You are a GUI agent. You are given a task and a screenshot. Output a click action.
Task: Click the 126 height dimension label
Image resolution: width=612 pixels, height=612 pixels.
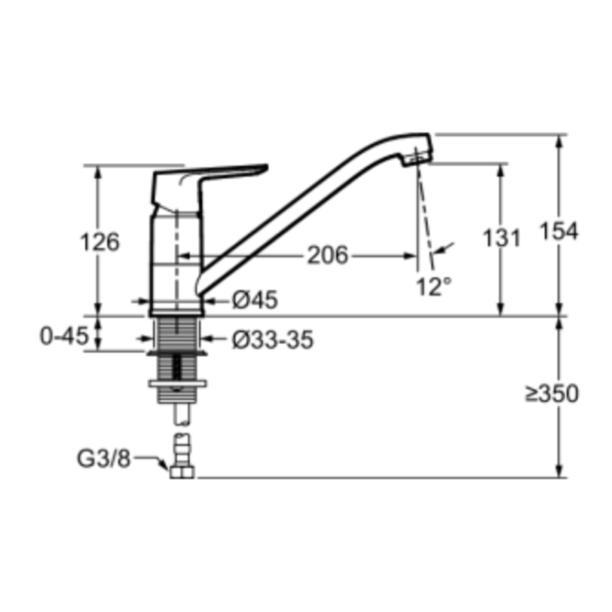(x=100, y=242)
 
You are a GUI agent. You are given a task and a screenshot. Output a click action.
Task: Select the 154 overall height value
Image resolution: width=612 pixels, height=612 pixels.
(x=559, y=231)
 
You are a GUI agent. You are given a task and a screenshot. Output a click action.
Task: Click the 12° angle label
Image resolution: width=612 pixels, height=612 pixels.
(x=433, y=287)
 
